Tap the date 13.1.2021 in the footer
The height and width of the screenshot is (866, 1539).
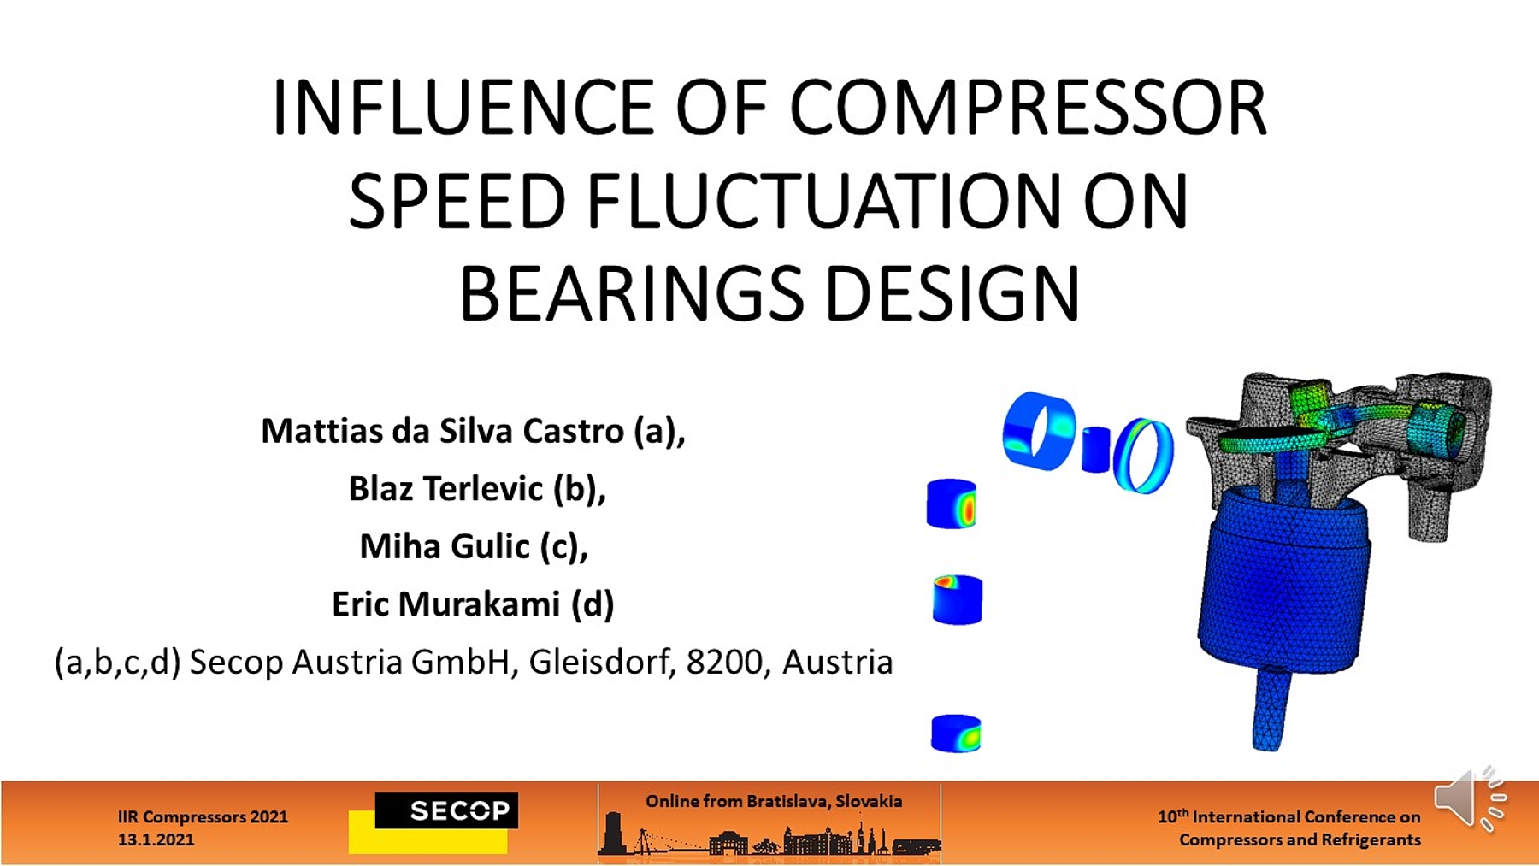(156, 839)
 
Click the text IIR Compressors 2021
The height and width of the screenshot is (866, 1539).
(203, 816)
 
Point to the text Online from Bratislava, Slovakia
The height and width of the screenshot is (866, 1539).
(774, 801)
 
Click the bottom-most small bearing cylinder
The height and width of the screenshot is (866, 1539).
(956, 733)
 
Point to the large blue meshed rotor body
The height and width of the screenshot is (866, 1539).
(1282, 581)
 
